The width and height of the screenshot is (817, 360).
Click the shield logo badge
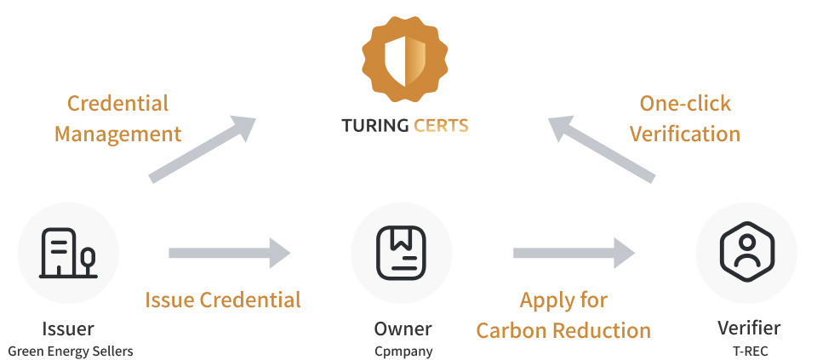point(405,59)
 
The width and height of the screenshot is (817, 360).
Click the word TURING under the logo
point(375,126)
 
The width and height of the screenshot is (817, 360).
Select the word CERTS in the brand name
point(441,126)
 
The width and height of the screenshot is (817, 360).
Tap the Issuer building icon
point(68,254)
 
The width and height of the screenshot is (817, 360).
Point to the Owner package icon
point(401,254)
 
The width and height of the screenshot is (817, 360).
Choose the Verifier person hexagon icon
point(747,252)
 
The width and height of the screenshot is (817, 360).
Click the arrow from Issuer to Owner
point(229,254)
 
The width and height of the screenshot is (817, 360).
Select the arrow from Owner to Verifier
point(574,254)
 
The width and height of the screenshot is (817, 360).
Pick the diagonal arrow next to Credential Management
point(203,150)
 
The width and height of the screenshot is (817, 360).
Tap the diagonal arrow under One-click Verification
point(602,150)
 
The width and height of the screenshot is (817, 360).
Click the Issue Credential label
point(223,300)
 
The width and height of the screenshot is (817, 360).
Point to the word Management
point(117,134)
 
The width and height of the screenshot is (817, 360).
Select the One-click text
point(685,104)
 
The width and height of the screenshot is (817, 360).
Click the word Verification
point(684,134)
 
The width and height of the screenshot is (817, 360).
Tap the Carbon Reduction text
point(563,330)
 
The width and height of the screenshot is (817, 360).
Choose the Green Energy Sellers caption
point(71,351)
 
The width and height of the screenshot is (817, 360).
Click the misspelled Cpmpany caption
point(403,351)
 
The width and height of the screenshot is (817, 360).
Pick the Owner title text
point(403,329)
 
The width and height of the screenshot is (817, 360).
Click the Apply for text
point(563,300)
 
